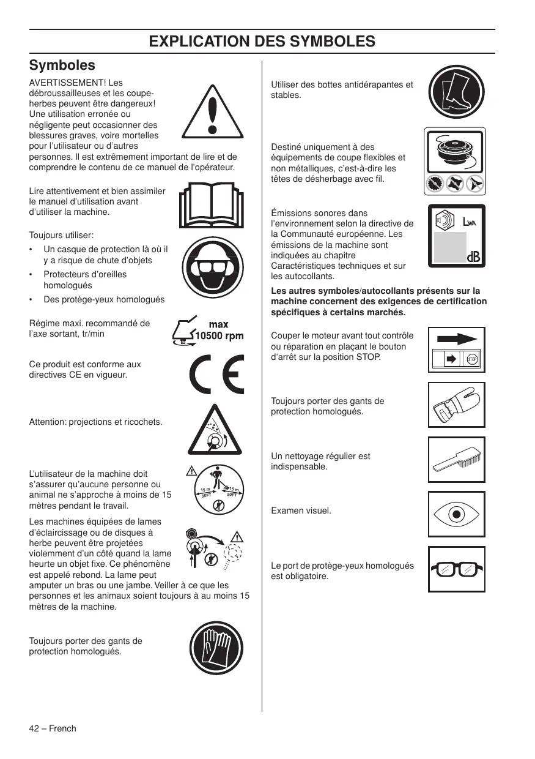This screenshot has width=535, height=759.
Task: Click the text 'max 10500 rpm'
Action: (218, 331)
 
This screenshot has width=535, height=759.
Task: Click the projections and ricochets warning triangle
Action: (212, 432)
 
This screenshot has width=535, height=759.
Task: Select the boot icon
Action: (456, 93)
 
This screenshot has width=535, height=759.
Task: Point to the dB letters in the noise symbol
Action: (473, 258)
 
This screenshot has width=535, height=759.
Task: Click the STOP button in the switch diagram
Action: (472, 359)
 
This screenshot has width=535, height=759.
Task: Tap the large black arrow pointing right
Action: (457, 338)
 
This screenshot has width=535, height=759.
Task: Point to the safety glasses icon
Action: (456, 569)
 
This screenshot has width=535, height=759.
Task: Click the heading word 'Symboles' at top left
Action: (62, 65)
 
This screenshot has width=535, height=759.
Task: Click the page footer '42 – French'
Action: (53, 728)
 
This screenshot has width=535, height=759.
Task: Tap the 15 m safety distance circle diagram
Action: (220, 492)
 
